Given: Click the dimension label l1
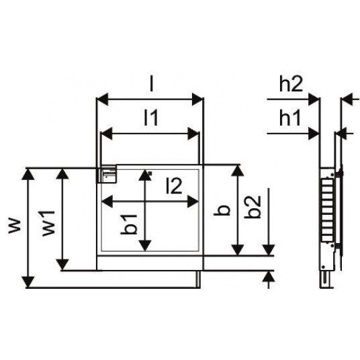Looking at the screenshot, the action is (x=151, y=118).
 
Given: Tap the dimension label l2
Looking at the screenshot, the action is (x=174, y=185).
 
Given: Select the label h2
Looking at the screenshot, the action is (x=291, y=84).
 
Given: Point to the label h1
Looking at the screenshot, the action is (x=290, y=118).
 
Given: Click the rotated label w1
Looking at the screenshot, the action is (x=48, y=223).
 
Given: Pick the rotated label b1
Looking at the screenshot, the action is (x=128, y=224).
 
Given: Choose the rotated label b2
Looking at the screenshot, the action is (x=253, y=207).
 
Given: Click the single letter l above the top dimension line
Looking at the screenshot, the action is (x=151, y=84).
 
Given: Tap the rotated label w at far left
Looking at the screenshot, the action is (x=15, y=226).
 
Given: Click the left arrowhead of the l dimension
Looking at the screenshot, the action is (x=102, y=99).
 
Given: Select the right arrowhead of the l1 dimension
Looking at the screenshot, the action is (x=193, y=134).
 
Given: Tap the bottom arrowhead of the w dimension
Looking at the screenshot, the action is (x=28, y=282).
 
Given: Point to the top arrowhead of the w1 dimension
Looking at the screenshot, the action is (x=62, y=174).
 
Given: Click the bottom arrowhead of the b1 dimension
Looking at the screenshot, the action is (x=145, y=245).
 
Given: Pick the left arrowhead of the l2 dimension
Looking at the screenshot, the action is (x=107, y=201).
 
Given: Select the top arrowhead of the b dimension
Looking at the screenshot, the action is (x=237, y=171).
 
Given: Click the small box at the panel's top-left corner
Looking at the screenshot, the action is (x=107, y=174).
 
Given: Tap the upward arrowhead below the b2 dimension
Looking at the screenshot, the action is (x=269, y=277).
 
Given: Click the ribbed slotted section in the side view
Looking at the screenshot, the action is (x=327, y=210).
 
